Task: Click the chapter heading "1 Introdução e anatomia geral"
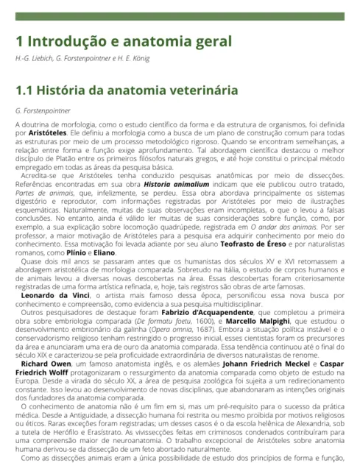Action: pyautogui.click(x=124, y=41)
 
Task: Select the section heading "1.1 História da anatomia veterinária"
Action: pyautogui.click(x=127, y=91)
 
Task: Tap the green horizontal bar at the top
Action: pyautogui.click(x=180, y=16)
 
